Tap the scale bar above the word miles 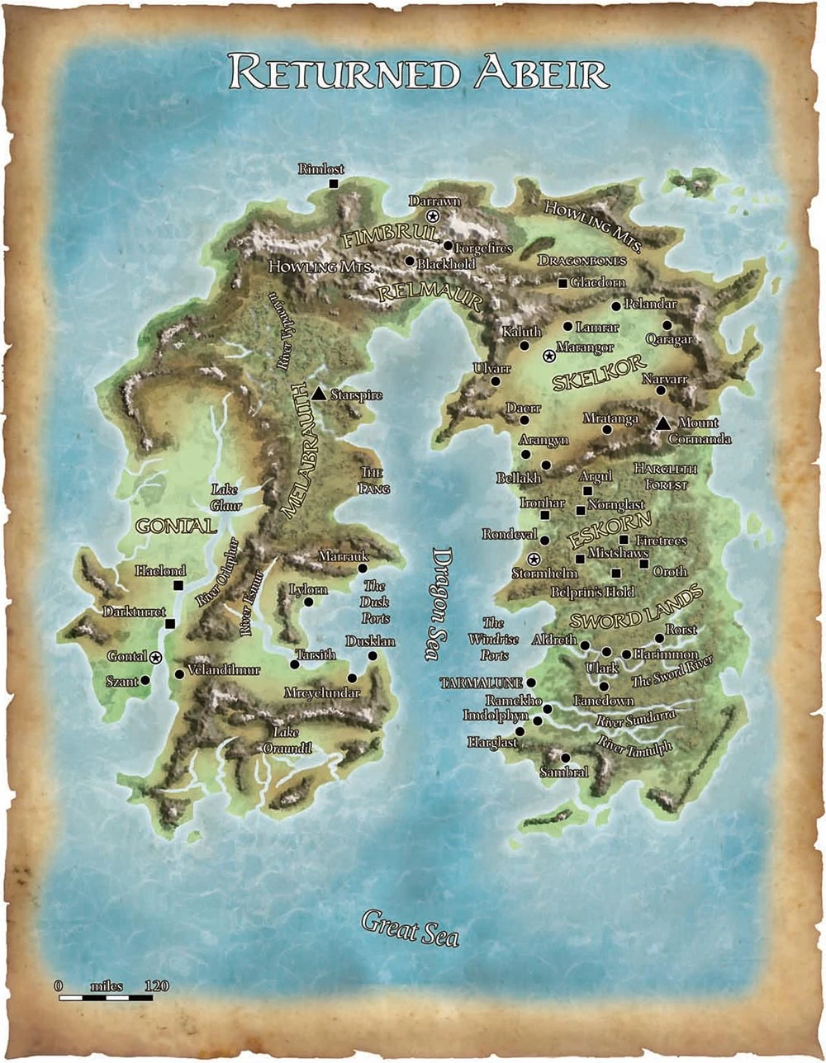coord(106,999)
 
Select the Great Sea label coord(410,928)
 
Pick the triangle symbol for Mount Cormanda coord(662,423)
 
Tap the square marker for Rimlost coord(334,183)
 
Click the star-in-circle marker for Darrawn coord(431,215)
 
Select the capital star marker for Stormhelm coord(533,560)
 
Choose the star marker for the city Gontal coord(156,657)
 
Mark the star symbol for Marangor coord(549,356)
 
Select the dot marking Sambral coord(565,758)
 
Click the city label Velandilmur coord(224,670)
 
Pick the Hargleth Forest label coord(666,477)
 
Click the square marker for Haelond coord(178,585)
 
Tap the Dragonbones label coord(582,260)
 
